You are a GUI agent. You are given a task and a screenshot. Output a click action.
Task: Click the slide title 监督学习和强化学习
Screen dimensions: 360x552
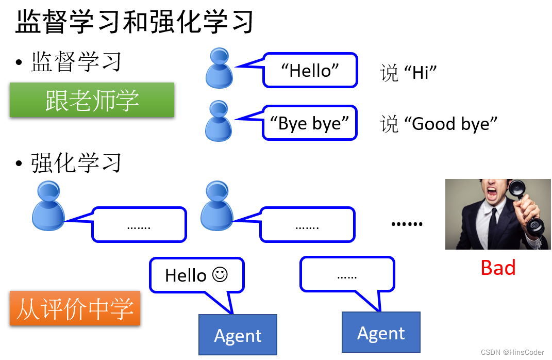[134, 22]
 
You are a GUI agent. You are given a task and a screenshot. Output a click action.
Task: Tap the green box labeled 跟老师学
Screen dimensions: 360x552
[92, 100]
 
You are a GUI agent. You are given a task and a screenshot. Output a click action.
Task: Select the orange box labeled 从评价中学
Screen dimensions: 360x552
[75, 309]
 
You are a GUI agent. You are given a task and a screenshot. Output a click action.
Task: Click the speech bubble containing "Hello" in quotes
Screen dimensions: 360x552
[310, 70]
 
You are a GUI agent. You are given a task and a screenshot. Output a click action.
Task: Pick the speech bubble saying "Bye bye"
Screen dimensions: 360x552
[310, 123]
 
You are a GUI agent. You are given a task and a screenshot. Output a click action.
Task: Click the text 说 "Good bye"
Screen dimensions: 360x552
[439, 124]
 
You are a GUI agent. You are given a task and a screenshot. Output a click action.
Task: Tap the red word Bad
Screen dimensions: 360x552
[498, 268]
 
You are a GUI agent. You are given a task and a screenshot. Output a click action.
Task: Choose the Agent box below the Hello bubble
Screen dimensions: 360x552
[238, 335]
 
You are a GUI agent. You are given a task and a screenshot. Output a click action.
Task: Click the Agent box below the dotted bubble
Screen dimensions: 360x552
[381, 332]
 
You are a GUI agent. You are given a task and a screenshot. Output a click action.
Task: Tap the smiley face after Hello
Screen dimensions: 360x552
[220, 275]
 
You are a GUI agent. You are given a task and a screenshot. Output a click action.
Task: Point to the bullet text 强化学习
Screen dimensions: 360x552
[76, 163]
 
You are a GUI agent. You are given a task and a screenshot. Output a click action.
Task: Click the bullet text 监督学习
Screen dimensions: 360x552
[76, 62]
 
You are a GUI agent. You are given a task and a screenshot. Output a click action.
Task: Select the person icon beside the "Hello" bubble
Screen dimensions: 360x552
[219, 68]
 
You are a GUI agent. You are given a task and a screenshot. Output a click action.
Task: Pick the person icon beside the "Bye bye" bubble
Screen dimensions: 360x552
[219, 121]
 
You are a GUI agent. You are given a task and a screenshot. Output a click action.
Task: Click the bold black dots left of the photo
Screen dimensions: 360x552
[407, 224]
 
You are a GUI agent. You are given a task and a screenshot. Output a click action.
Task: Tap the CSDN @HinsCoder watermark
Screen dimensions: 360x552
[512, 352]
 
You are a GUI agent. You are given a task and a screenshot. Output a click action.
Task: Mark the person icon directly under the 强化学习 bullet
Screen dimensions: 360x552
[48, 206]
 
